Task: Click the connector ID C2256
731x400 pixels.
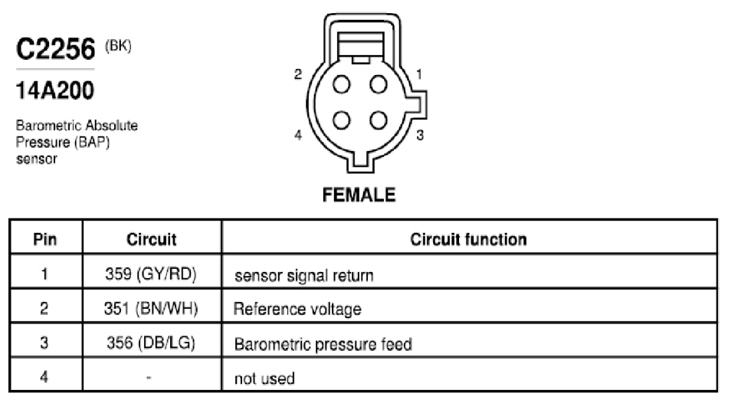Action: (55, 49)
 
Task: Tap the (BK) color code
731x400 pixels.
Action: (118, 46)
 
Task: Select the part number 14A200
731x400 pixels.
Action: (55, 90)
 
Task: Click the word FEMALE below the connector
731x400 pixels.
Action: (359, 195)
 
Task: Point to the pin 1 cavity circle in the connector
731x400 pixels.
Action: (378, 85)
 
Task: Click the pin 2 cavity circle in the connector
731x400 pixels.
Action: (341, 85)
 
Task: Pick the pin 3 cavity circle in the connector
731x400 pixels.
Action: (378, 120)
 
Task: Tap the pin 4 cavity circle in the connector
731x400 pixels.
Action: (341, 120)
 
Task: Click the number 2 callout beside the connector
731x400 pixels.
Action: (298, 74)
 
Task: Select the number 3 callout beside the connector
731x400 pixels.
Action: (420, 135)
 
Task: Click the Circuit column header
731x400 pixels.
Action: (152, 239)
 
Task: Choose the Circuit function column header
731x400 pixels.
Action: (468, 239)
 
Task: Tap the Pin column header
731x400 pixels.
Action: (45, 239)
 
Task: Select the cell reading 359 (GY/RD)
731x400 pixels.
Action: (151, 274)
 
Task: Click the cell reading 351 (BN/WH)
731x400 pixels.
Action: (151, 308)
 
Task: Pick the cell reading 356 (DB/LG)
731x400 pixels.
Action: (151, 343)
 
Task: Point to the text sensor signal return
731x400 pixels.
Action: (304, 276)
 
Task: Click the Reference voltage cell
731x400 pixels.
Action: (297, 309)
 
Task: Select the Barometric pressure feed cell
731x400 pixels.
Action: (323, 344)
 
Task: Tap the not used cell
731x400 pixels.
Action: (264, 378)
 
